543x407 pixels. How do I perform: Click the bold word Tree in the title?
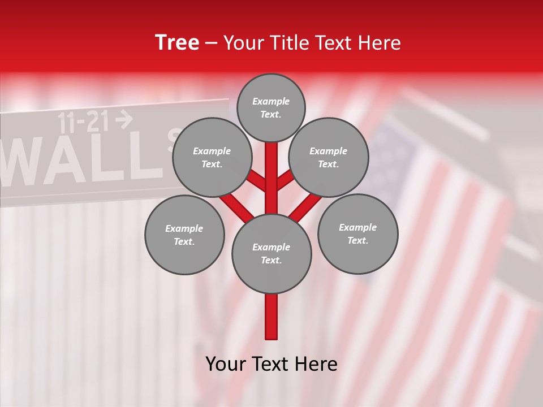(x=177, y=43)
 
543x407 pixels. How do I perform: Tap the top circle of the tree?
(x=271, y=107)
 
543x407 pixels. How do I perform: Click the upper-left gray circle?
(x=212, y=157)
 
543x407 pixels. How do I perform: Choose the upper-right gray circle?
(x=329, y=157)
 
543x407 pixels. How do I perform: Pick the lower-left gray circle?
(x=184, y=235)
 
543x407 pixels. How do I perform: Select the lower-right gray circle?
(x=357, y=233)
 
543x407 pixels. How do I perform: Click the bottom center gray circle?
(x=271, y=253)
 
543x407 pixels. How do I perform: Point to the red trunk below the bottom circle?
(x=271, y=317)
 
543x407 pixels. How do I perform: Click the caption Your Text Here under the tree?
(x=271, y=364)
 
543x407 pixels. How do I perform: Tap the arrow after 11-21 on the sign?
(x=124, y=119)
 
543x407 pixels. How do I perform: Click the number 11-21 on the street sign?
(x=85, y=122)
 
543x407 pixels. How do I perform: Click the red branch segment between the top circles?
(x=271, y=170)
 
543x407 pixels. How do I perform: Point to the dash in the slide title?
(x=212, y=44)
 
